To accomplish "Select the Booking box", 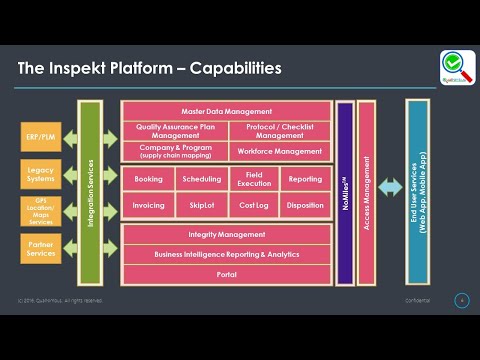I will click(x=148, y=180).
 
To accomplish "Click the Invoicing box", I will click(x=148, y=206).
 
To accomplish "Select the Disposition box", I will click(x=304, y=206).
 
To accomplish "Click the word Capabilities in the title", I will click(x=229, y=69).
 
